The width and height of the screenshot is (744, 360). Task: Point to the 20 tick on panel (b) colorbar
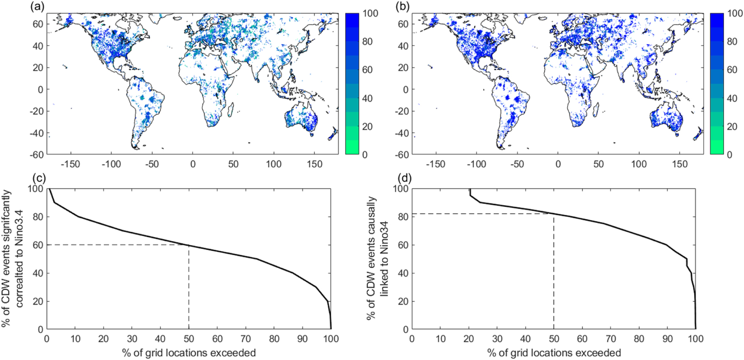732,126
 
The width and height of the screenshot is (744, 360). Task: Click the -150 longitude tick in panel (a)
70,164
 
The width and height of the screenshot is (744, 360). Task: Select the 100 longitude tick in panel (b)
639,164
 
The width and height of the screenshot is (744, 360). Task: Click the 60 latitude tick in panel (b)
403,24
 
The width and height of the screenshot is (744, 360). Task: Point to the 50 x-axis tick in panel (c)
189,339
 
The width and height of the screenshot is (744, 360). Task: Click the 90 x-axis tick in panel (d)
667,339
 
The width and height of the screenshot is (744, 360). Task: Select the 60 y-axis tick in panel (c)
38,245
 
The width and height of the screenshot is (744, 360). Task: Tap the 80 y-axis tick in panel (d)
403,217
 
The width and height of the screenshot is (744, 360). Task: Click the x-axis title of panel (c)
189,353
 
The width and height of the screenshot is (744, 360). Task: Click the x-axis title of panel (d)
554,353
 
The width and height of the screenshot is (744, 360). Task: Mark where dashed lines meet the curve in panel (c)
189,245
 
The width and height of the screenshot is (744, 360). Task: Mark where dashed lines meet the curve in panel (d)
554,213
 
